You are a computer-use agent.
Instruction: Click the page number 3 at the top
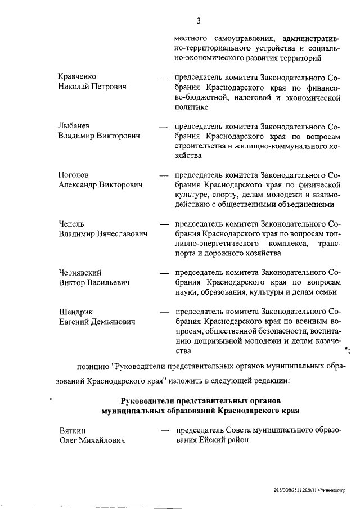[x=199, y=21]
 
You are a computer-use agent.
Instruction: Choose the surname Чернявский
[x=83, y=272]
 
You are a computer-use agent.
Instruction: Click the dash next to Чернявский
[x=165, y=273]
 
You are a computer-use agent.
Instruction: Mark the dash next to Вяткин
[x=165, y=431]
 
